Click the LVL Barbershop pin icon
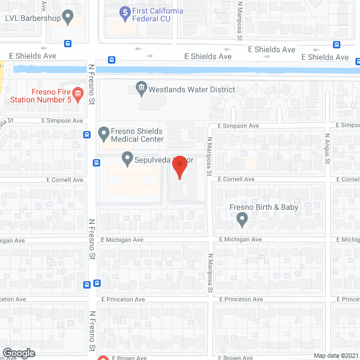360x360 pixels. point(68,17)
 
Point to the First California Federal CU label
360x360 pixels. point(158,15)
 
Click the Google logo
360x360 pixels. point(18,353)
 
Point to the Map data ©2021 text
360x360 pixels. point(336,355)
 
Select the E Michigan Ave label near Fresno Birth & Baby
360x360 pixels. point(240,240)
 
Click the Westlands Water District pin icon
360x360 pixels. point(141,88)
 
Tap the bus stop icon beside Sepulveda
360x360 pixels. point(97,163)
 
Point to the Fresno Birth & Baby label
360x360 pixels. point(264,208)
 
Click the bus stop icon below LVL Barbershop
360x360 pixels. point(67,43)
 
